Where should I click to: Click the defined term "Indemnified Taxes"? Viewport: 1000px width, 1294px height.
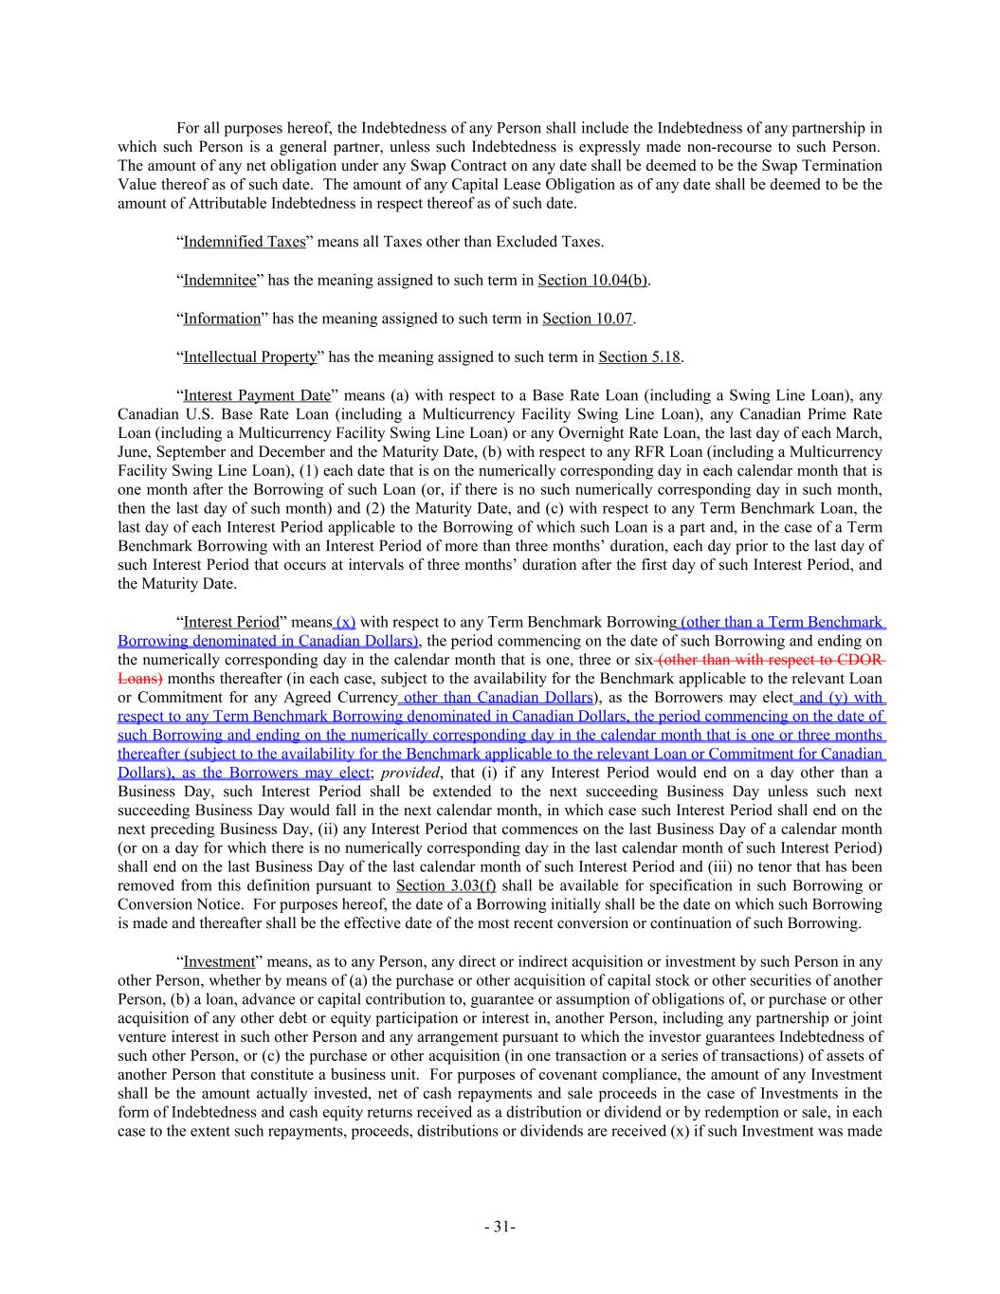pos(244,242)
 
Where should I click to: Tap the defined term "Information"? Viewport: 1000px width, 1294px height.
pos(221,319)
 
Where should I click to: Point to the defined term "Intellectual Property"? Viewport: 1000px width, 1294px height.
pos(249,357)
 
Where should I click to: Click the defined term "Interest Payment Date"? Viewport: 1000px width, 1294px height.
pos(256,395)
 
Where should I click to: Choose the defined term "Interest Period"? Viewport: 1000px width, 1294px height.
pos(230,622)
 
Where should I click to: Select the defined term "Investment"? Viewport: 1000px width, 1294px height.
pos(221,961)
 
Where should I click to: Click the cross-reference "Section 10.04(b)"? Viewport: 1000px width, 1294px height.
pos(592,281)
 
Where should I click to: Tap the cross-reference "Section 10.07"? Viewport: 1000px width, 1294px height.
pos(587,319)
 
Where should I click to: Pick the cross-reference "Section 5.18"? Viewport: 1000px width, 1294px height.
pos(640,357)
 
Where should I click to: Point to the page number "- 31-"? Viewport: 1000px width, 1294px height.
pos(500,1227)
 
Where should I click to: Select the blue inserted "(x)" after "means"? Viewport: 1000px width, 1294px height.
pos(346,622)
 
